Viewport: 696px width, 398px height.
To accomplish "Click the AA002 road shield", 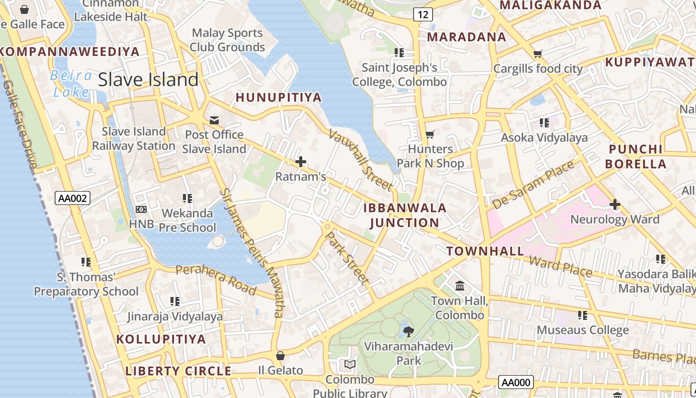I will coord(73,199).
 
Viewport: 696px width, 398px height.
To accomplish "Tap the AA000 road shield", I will coord(516,382).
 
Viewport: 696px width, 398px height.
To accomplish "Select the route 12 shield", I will coord(422,14).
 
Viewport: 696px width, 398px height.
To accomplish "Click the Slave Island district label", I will coord(148,80).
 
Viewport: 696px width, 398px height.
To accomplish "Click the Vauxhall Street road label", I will coord(360,160).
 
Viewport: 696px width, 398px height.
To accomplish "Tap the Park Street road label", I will coord(347,257).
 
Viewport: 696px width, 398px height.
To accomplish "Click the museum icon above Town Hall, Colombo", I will coord(460,286).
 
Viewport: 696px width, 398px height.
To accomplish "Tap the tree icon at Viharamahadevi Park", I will coord(408,331).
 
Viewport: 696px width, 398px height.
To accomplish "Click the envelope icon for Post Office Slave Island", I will coord(214,120).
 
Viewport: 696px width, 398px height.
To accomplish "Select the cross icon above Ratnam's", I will coord(301,162).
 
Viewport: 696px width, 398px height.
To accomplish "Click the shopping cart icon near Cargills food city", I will coord(537,54).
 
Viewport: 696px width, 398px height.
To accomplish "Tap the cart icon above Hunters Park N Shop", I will coord(430,134).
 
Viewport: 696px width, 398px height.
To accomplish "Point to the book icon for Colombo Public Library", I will coord(350,365).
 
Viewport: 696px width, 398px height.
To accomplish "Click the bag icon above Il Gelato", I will coord(280,355).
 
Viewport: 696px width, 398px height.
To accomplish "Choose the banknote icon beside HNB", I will coord(141,209).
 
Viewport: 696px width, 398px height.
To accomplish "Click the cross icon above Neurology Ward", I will coord(615,204).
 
